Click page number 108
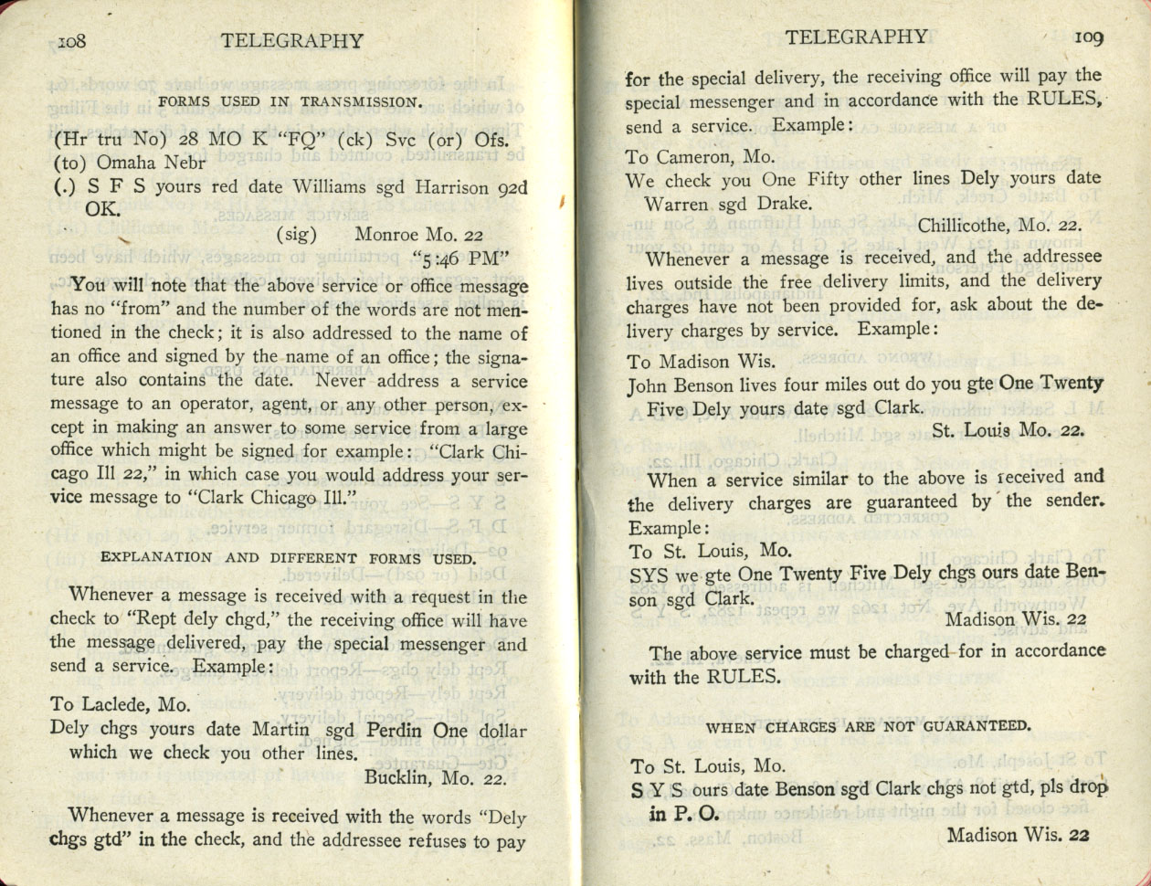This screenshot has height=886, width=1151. click(x=71, y=40)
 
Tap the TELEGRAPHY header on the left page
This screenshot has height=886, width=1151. click(x=292, y=40)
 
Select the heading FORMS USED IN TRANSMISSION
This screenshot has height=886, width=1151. click(x=290, y=100)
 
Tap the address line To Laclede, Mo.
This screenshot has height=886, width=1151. click(x=121, y=704)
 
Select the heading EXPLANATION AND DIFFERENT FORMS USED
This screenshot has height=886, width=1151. click(x=287, y=557)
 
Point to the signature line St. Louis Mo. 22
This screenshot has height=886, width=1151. click(x=1008, y=431)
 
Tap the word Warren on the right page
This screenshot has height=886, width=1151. click(x=678, y=202)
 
